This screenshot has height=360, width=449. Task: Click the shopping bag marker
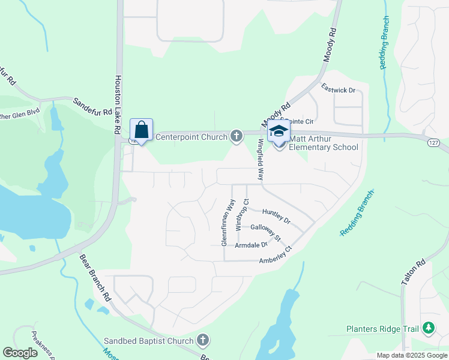tap(142, 130)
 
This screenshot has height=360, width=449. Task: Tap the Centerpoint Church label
tap(191, 137)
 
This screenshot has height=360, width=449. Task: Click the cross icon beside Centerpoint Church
tap(237, 137)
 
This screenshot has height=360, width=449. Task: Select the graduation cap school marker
tap(279, 131)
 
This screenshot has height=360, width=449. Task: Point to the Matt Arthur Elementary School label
tap(324, 143)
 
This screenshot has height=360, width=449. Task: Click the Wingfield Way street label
tap(261, 160)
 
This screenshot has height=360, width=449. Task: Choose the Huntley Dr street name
tap(276, 216)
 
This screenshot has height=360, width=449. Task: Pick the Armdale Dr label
tap(251, 245)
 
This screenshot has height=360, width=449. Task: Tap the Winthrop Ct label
tap(241, 213)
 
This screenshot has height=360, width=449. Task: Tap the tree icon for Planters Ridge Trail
tap(428, 328)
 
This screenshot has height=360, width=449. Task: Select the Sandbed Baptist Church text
tap(149, 341)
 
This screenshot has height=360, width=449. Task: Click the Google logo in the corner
tap(20, 353)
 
